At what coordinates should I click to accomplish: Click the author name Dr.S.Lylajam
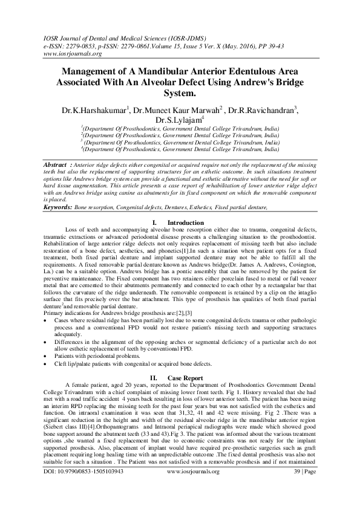180,120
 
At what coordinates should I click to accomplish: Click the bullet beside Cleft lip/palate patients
48,365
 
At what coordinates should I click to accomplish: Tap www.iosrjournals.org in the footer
180,487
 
